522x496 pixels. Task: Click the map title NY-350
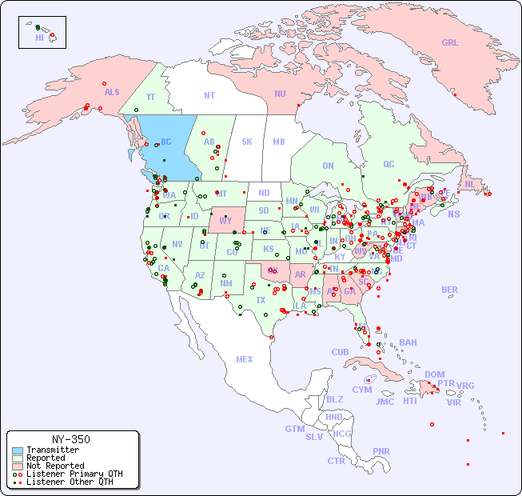(x=70, y=439)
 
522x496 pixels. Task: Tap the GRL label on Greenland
(x=450, y=42)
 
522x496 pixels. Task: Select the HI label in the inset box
(x=39, y=38)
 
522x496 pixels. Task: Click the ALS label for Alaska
(x=112, y=92)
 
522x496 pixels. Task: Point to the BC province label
(x=166, y=142)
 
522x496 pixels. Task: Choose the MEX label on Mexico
(x=245, y=359)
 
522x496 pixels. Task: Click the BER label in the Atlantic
(x=450, y=290)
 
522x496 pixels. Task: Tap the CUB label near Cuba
(x=341, y=352)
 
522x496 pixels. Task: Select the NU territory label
(x=280, y=94)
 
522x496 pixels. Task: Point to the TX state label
(x=261, y=300)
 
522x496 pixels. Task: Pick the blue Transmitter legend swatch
(x=17, y=450)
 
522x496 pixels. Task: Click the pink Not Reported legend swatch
(x=17, y=466)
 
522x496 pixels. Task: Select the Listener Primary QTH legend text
(x=74, y=474)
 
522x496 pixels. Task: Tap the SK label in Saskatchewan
(x=247, y=142)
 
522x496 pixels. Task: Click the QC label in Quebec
(x=389, y=164)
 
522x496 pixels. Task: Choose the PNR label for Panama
(x=381, y=451)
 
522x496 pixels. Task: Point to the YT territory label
(x=150, y=96)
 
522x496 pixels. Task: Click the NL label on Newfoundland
(x=469, y=183)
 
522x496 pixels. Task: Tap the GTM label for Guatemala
(x=294, y=429)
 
